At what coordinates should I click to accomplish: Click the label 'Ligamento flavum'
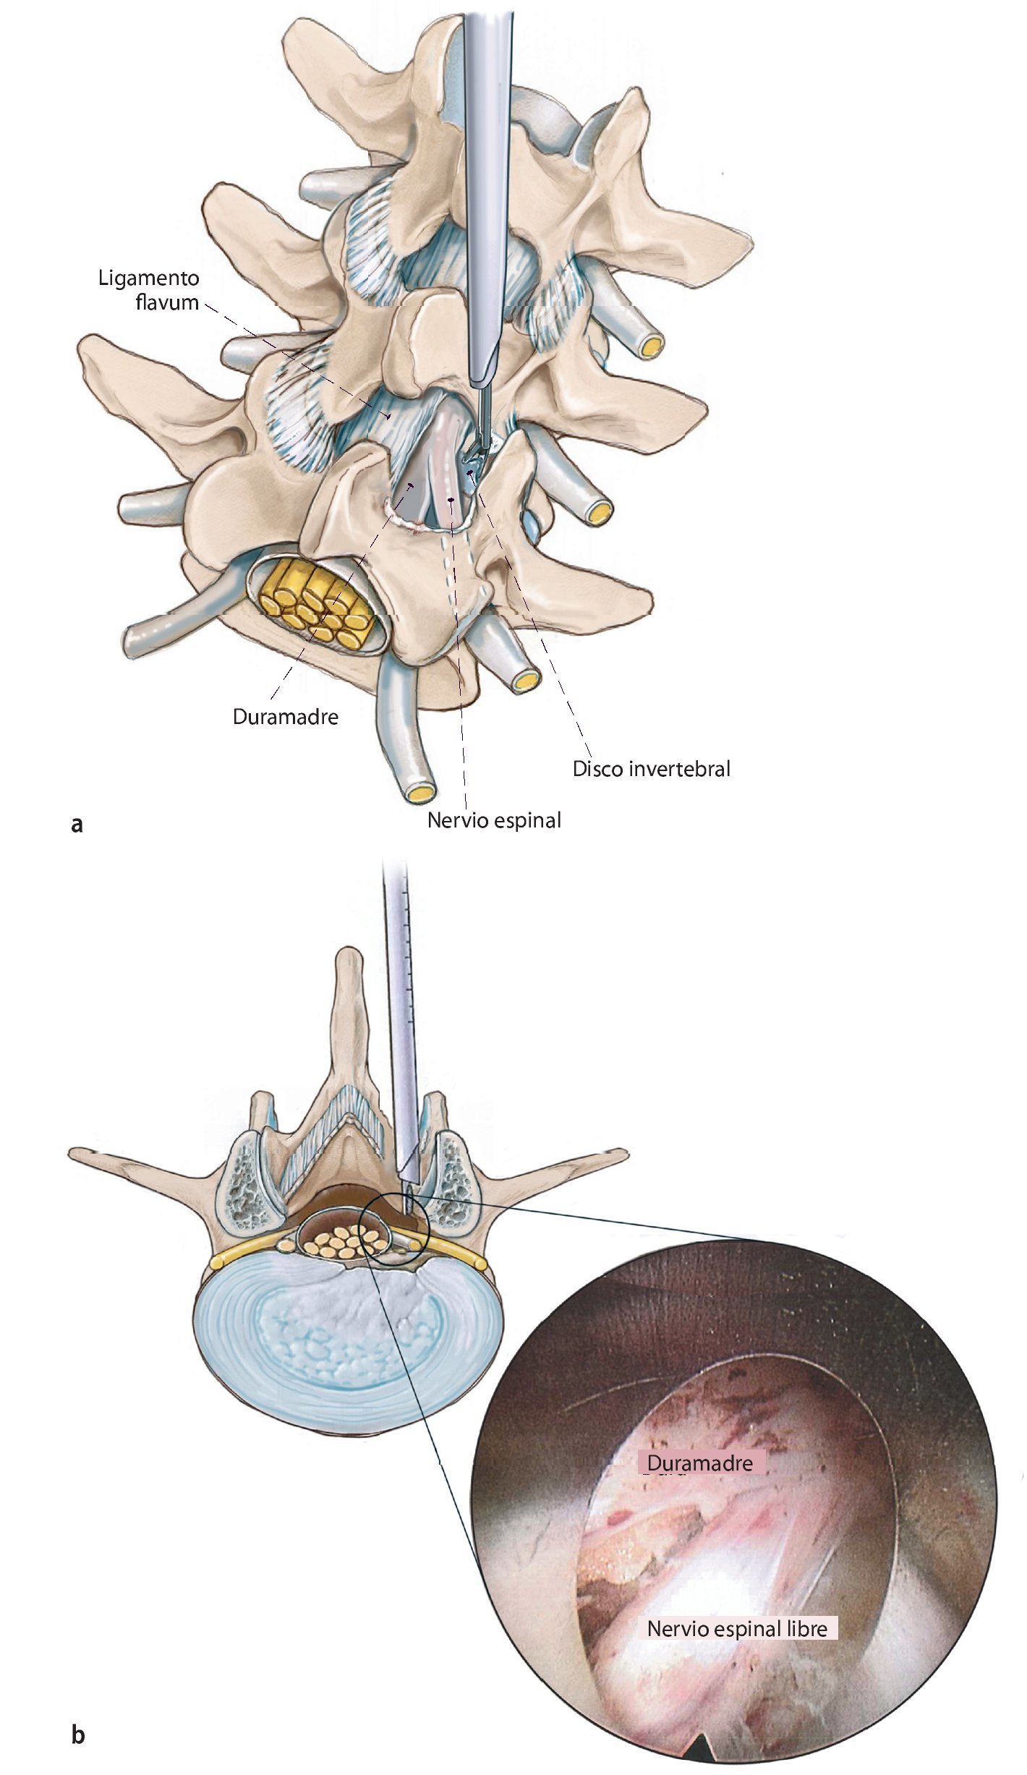click(x=148, y=290)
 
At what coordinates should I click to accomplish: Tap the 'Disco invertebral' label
click(x=651, y=768)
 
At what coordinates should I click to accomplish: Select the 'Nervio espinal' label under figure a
click(x=494, y=820)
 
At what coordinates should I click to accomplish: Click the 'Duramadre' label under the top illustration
click(x=286, y=717)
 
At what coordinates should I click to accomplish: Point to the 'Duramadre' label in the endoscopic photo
click(x=700, y=1463)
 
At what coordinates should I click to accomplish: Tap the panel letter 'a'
click(x=77, y=824)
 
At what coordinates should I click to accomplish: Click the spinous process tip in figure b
click(x=349, y=956)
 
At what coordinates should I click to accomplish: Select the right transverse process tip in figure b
click(x=622, y=1151)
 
